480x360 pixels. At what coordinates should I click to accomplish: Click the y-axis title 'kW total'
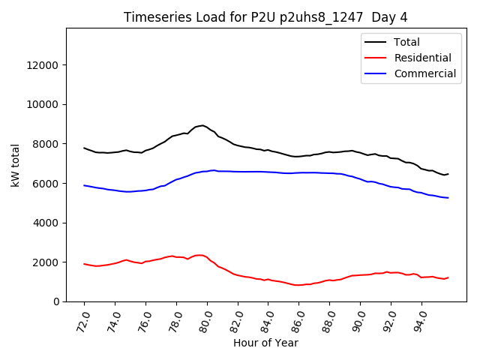pos(16,165)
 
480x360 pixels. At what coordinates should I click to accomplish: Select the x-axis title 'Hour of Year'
pos(265,343)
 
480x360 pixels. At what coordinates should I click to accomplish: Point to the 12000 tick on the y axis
pos(43,65)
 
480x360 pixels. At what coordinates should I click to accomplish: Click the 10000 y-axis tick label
pos(43,104)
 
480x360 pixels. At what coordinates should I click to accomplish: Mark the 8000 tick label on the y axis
pos(46,144)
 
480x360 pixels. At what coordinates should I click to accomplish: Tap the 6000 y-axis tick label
pos(46,183)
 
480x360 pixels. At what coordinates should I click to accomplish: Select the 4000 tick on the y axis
pos(46,223)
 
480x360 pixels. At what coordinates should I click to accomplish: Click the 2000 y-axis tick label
pos(46,262)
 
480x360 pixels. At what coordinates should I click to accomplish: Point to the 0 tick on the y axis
pos(57,301)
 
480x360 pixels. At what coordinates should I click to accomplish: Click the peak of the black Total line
pos(202,125)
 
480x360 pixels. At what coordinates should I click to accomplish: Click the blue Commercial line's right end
pos(448,198)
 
